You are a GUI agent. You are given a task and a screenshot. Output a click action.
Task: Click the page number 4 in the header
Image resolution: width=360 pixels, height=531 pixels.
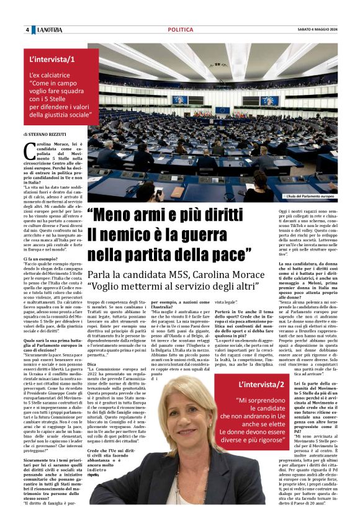tap(27, 30)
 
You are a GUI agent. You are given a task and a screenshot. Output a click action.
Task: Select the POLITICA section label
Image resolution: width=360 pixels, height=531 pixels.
tap(180, 30)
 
